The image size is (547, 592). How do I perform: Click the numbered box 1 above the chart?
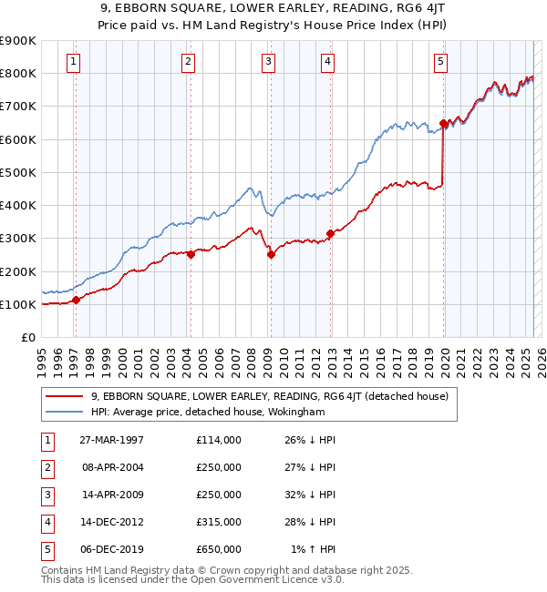click(x=72, y=62)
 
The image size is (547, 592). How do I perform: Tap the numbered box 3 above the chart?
click(x=269, y=62)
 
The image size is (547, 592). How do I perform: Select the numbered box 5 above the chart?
click(x=440, y=62)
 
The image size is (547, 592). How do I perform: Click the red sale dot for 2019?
click(x=443, y=123)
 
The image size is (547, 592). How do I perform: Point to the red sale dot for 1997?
click(x=76, y=300)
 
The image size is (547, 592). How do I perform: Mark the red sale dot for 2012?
click(x=330, y=233)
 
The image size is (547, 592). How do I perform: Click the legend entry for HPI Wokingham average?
click(x=220, y=413)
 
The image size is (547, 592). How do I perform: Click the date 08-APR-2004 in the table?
click(x=113, y=467)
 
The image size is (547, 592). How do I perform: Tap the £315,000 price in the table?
click(x=218, y=522)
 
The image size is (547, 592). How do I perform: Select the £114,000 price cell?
click(x=218, y=440)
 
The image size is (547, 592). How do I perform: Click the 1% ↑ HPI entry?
click(x=315, y=549)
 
